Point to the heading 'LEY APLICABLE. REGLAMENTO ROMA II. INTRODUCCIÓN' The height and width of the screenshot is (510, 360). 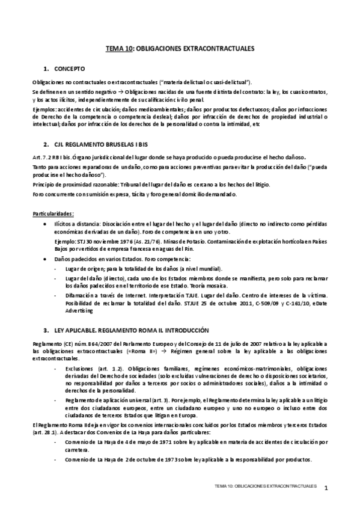(131, 330)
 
